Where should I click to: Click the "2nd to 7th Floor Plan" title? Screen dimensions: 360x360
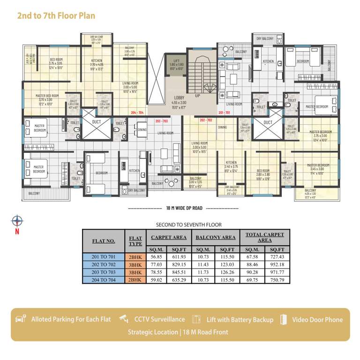pyautogui.click(x=56, y=15)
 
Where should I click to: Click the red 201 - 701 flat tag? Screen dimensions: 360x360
pyautogui.click(x=225, y=113)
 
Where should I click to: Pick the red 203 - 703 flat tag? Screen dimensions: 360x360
pyautogui.click(x=161, y=121)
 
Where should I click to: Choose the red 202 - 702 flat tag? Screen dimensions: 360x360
pyautogui.click(x=206, y=120)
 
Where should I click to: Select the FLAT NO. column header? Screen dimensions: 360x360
pyautogui.click(x=103, y=241)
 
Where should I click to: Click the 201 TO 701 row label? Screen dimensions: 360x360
pyautogui.click(x=103, y=257)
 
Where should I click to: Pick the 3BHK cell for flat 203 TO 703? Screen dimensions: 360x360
pyautogui.click(x=135, y=272)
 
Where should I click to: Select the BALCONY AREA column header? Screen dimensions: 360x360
pyautogui.click(x=215, y=237)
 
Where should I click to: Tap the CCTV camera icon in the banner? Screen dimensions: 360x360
pyautogui.click(x=123, y=319)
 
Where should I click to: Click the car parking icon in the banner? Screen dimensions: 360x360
pyautogui.click(x=21, y=319)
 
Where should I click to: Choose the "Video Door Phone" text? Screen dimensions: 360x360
pyautogui.click(x=317, y=320)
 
